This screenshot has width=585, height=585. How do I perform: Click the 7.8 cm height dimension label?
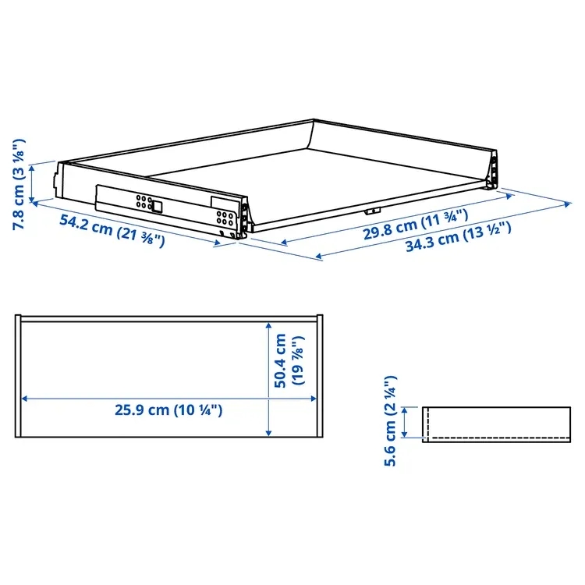click(19, 184)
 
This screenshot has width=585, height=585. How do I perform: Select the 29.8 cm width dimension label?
click(415, 224)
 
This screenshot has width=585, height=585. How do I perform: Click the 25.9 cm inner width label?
click(168, 410)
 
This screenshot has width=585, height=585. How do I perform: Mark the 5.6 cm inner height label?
click(390, 421)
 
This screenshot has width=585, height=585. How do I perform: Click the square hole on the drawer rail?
click(157, 207)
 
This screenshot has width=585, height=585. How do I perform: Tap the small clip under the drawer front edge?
click(372, 211)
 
